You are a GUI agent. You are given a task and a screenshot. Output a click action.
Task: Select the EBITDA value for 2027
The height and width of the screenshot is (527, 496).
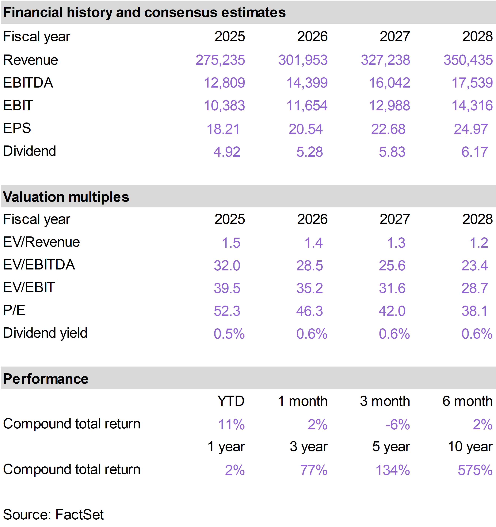click(x=389, y=83)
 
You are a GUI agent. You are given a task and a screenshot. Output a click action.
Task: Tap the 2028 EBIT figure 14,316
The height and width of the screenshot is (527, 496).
click(x=472, y=106)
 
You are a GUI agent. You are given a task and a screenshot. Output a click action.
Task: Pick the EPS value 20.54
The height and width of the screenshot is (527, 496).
click(x=306, y=129)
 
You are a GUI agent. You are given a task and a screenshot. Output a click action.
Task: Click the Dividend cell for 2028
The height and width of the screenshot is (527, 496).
click(x=475, y=152)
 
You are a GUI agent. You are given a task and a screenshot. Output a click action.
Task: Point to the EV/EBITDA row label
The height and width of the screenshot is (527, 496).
click(x=39, y=265)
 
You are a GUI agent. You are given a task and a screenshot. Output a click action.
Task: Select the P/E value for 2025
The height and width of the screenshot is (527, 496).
click(x=227, y=311)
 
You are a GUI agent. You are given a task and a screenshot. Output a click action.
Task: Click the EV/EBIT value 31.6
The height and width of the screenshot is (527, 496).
click(x=392, y=288)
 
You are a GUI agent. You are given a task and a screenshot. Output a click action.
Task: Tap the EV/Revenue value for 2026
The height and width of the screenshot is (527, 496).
click(x=314, y=243)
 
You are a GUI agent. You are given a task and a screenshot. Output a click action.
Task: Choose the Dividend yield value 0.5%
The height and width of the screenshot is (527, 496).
click(x=229, y=333)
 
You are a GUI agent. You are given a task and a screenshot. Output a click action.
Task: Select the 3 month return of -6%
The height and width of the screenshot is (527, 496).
click(x=398, y=424)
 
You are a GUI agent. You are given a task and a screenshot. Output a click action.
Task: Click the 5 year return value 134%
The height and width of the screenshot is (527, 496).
click(x=393, y=470)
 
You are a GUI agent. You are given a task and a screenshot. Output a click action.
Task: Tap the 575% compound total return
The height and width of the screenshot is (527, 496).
click(x=475, y=470)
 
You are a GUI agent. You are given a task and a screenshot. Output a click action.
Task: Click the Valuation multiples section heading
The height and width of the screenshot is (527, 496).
click(x=66, y=197)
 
